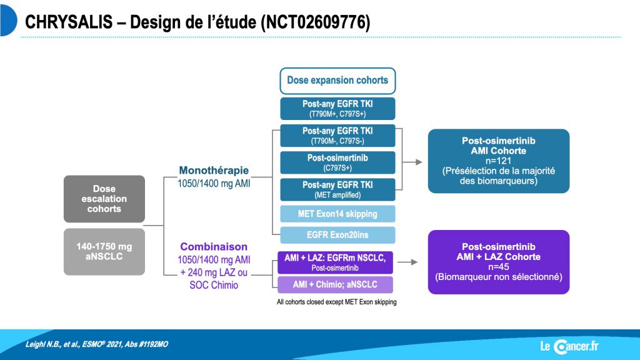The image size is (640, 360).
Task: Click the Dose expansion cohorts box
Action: [337, 81]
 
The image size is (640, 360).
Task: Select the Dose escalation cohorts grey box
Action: [104, 199]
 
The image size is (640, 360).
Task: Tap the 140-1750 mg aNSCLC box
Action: [104, 251]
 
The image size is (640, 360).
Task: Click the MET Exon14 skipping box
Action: [337, 214]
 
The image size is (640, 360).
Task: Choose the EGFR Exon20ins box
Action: [337, 235]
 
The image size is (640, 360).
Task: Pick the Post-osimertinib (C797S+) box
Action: [337, 162]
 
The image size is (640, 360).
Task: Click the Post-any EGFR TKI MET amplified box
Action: [337, 189]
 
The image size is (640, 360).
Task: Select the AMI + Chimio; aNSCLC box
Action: [335, 284]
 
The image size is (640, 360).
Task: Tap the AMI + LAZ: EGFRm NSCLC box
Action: [335, 262]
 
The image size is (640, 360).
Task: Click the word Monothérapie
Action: [214, 170]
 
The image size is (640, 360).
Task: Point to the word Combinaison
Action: [214, 246]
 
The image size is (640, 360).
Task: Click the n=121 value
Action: [498, 161]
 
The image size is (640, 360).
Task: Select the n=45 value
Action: [498, 267]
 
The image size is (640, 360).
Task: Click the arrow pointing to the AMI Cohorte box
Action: [412, 162]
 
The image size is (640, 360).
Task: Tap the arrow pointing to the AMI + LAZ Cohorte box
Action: [407, 262]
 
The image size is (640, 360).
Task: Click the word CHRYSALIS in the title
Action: [69, 22]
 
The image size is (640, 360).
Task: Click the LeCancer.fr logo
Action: [569, 346]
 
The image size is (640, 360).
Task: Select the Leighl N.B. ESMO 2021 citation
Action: [97, 344]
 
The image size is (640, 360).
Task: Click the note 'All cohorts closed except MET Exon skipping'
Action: [337, 302]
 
